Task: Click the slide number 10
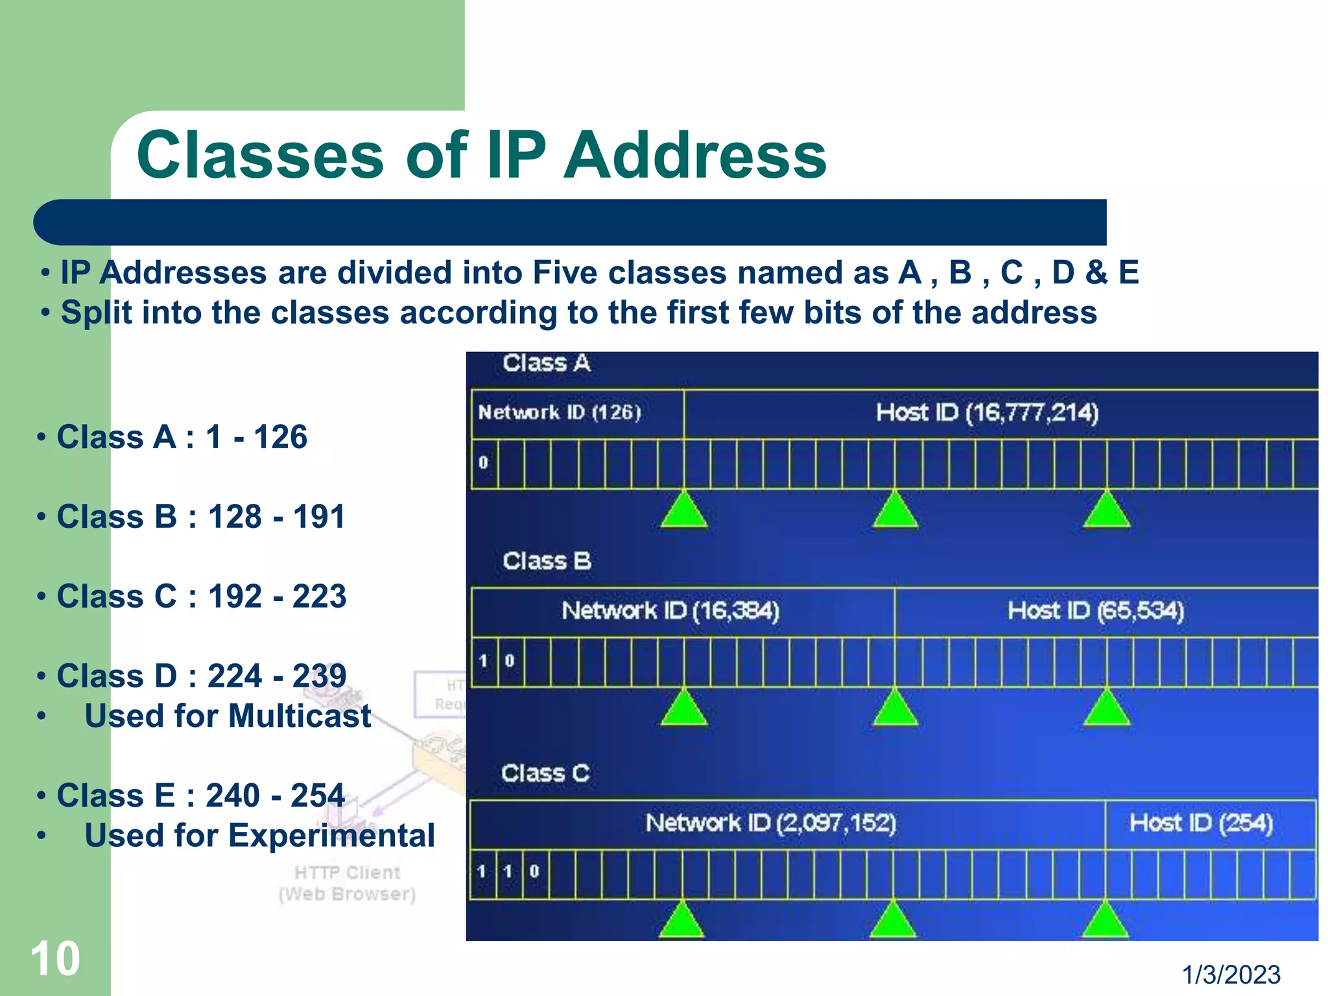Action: (55, 958)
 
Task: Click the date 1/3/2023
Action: (1230, 975)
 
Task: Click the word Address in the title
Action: (695, 155)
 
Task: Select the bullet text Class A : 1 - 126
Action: (182, 436)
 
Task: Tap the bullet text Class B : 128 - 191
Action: (200, 517)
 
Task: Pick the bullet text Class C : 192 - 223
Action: (201, 596)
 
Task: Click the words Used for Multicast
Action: (228, 716)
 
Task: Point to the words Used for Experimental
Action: (259, 835)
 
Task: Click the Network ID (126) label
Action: (560, 412)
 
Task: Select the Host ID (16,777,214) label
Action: (987, 412)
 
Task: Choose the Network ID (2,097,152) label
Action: (770, 823)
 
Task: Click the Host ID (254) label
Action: (1201, 823)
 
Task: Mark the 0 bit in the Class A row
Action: (483, 463)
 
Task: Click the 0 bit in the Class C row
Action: (534, 871)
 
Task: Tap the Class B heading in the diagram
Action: (547, 561)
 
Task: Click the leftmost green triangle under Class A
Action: (684, 512)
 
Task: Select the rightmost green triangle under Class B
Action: (1106, 709)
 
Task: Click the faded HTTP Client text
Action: (347, 873)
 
